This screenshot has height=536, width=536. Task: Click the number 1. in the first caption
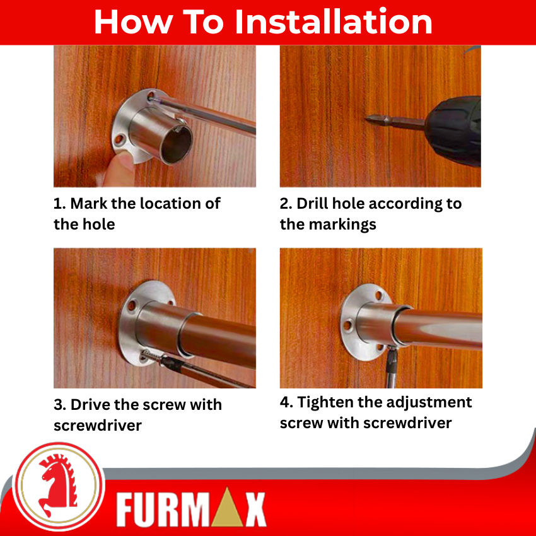(59, 204)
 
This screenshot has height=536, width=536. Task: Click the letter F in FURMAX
(125, 510)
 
